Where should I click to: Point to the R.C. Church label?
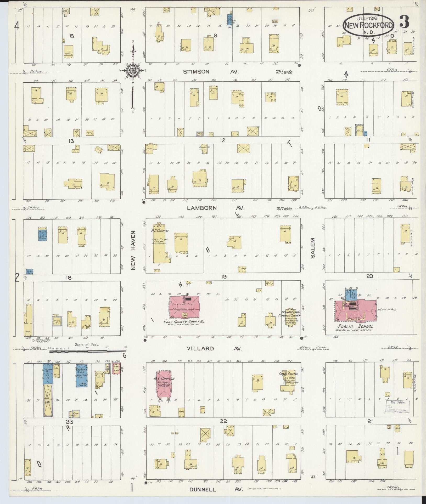pyautogui.click(x=160, y=231)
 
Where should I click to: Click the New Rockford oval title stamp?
pyautogui.click(x=369, y=25)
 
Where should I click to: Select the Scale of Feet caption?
pyautogui.click(x=87, y=345)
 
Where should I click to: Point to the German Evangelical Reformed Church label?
pyautogui.click(x=291, y=314)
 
